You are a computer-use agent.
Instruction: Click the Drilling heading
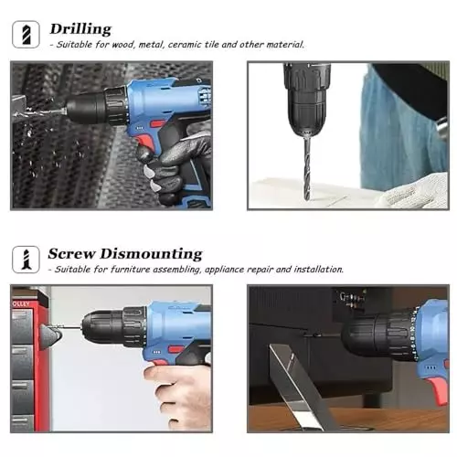[x=80, y=28]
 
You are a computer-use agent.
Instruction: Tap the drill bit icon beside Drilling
[x=25, y=35]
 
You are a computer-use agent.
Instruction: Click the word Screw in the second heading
[x=71, y=253]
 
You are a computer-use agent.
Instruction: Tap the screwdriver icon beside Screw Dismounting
[x=25, y=260]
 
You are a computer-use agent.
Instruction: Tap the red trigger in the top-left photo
[x=143, y=138]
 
